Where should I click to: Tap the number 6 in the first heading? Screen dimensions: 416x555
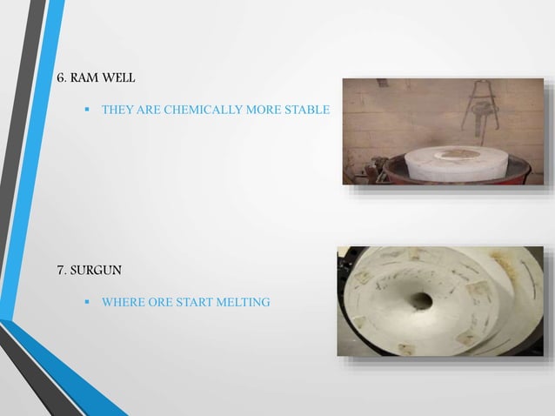coord(60,78)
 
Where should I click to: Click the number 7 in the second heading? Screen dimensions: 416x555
coord(60,268)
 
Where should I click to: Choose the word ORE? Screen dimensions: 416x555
coord(161,303)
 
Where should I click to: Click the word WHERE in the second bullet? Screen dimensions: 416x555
coord(123,303)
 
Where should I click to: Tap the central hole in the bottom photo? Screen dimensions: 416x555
coord(423,300)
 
